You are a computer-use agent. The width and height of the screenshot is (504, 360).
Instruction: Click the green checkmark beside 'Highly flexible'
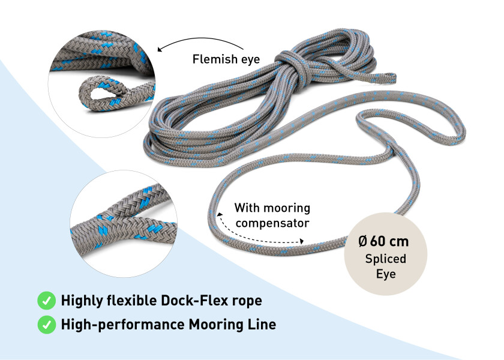(x=46, y=300)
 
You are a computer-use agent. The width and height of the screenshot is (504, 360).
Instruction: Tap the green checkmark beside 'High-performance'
(x=46, y=325)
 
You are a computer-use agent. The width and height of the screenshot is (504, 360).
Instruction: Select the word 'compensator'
(x=272, y=223)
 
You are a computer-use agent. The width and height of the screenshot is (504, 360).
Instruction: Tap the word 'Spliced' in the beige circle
(x=385, y=259)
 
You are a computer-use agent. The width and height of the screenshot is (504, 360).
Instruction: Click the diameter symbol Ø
(x=362, y=242)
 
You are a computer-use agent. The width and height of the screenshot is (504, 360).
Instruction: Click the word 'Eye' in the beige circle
(x=385, y=274)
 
